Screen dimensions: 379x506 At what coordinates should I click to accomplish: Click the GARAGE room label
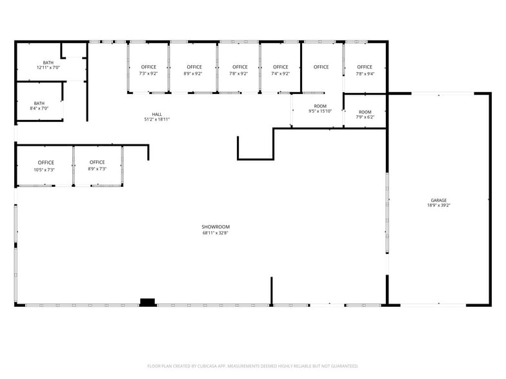pos(439,200)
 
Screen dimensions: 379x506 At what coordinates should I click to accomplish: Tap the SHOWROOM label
pos(216,227)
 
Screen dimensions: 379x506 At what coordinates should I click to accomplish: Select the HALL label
pos(157,114)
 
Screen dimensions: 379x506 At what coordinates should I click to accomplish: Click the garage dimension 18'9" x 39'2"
pos(439,206)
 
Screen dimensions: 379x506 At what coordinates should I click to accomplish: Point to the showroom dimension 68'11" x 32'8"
pos(216,233)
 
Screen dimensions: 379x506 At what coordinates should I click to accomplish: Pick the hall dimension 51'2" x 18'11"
pos(157,119)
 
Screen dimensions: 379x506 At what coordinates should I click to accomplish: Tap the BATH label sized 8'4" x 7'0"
pos(39,103)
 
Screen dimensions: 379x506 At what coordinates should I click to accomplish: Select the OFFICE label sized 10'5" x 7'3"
pos(46,162)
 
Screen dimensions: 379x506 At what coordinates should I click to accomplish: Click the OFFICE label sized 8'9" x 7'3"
pos(97,162)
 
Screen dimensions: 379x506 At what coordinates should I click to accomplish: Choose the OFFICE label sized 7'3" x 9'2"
pos(149,67)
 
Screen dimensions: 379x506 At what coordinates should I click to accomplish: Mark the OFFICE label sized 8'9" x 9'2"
pos(194,67)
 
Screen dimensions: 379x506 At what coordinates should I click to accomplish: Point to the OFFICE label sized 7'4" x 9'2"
pos(281,67)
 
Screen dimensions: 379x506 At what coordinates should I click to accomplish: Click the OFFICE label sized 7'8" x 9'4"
pos(365,67)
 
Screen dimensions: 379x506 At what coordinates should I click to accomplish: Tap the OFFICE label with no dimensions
pos(321,67)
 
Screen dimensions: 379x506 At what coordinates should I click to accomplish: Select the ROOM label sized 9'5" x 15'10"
pos(320,106)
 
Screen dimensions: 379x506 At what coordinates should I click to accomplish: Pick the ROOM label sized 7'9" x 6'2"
pos(365,112)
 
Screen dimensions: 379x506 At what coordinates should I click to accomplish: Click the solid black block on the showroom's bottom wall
pos(148,302)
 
